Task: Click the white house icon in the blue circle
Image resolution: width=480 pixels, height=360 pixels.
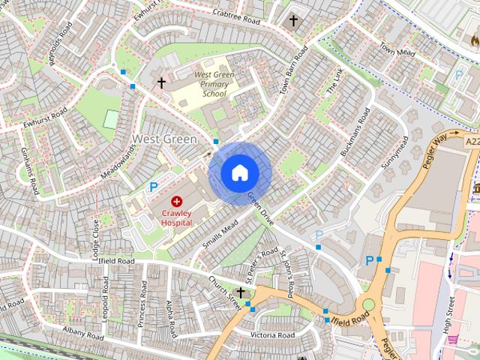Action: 239,173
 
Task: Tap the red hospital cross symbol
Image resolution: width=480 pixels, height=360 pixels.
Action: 177,201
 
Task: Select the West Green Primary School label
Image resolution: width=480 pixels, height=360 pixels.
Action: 214,84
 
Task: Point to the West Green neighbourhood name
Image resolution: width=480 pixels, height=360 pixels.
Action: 164,139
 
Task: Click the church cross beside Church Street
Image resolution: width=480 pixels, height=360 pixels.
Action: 240,292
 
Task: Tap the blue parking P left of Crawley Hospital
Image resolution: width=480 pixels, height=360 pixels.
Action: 154,187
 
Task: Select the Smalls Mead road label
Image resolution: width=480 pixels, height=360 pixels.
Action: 220,234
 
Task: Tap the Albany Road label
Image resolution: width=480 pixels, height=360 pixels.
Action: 82,333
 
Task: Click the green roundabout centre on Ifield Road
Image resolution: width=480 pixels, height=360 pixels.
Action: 368,304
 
